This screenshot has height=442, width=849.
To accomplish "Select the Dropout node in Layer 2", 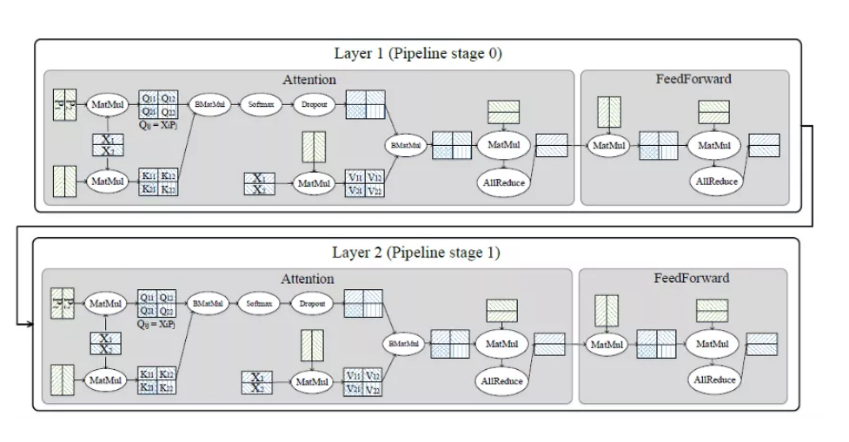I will click(x=312, y=304).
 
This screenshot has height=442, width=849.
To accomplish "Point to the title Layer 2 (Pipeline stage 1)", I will click(x=416, y=253).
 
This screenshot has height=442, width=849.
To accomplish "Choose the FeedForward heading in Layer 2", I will click(x=692, y=278).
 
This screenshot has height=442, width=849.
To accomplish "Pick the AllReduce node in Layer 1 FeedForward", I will click(x=717, y=181).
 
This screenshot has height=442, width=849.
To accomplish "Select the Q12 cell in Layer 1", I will click(x=169, y=98).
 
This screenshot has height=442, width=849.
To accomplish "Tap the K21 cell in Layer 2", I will click(x=148, y=387).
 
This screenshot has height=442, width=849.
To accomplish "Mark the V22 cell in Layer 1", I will click(x=374, y=190).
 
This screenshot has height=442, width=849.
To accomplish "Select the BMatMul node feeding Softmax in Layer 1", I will click(x=208, y=104).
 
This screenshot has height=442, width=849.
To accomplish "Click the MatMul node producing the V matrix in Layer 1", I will click(x=311, y=183).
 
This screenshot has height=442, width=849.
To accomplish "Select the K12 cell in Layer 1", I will click(x=169, y=175).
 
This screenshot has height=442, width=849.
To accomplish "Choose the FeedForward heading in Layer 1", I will click(x=693, y=79).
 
